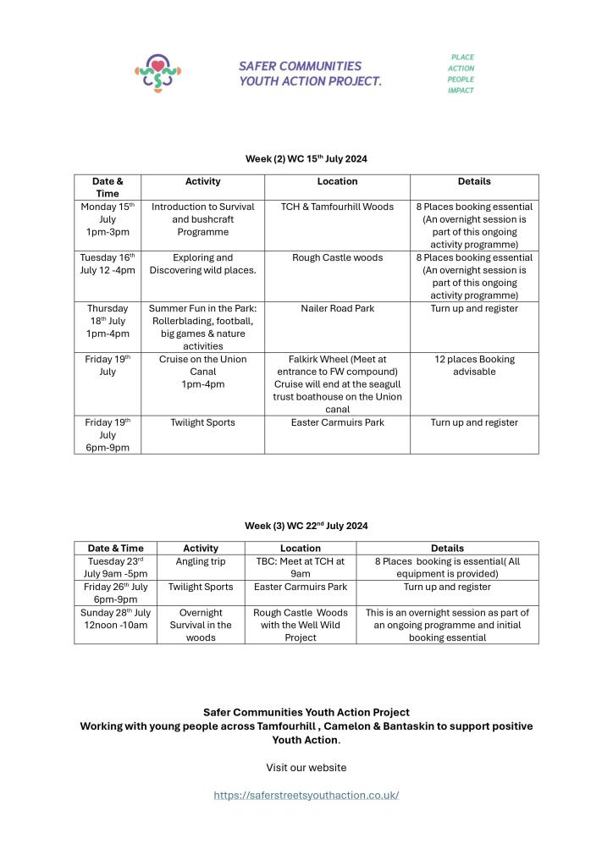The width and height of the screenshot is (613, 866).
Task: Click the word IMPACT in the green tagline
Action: (461, 91)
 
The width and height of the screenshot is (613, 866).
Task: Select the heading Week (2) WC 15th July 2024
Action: (306, 158)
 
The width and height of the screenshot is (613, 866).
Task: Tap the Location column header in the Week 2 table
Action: (337, 181)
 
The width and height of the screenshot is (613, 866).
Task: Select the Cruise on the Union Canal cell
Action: (203, 372)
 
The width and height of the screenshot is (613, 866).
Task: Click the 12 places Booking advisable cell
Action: (474, 366)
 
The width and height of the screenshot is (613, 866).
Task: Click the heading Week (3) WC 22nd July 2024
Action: (306, 526)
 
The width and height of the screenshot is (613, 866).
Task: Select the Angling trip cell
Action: (201, 561)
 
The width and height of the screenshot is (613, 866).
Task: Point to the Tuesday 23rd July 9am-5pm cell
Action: (115, 567)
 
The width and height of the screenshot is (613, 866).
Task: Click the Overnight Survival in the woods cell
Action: (201, 625)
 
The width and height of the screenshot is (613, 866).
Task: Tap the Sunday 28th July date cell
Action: (115, 619)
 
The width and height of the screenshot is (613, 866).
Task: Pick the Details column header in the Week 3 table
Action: (447, 549)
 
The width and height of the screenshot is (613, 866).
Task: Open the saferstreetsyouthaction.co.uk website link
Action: (306, 795)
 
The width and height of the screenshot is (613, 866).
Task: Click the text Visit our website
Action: (306, 768)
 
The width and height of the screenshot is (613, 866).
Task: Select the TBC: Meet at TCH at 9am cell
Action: (300, 567)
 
